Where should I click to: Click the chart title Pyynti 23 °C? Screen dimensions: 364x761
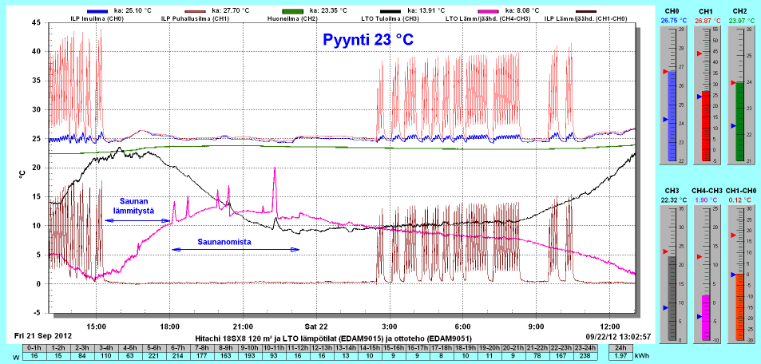pyautogui.click(x=368, y=40)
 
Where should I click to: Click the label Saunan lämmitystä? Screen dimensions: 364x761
pyautogui.click(x=139, y=204)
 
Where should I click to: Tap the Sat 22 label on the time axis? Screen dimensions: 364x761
pyautogui.click(x=316, y=326)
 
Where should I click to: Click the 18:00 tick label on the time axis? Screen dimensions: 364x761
pyautogui.click(x=170, y=326)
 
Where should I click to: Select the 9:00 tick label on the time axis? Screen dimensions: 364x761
pyautogui.click(x=536, y=326)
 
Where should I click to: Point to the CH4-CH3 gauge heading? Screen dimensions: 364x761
pyautogui.click(x=706, y=192)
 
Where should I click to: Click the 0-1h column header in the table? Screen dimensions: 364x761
pyautogui.click(x=34, y=347)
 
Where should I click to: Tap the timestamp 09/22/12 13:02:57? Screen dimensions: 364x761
pyautogui.click(x=618, y=337)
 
